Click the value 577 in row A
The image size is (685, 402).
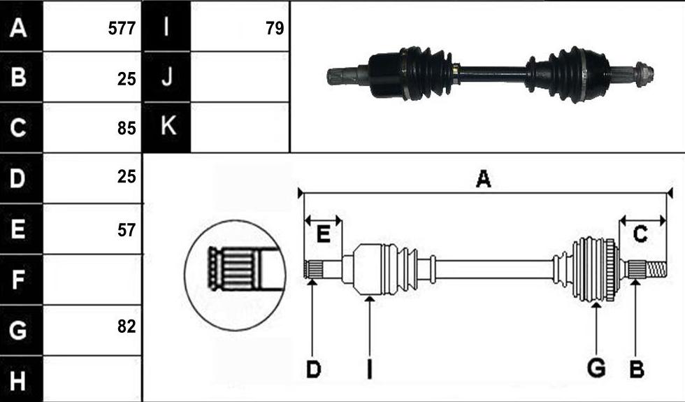coord(122,29)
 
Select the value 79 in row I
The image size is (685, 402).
coord(275,29)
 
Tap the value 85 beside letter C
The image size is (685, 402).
coord(127,129)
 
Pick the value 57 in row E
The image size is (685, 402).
coord(127,230)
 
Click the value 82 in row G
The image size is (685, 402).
coord(127,326)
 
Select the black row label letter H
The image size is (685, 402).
coord(17,381)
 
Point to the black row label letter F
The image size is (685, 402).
coord(17,280)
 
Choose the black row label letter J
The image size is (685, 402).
coord(166,77)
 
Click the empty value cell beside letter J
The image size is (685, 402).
coord(240,77)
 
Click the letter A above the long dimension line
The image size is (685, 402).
coord(483,179)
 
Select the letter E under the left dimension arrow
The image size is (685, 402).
coord(323,235)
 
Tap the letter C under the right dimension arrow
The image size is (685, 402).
coord(640,235)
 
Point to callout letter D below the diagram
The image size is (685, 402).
coord(313,369)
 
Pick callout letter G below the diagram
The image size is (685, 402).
coord(596,368)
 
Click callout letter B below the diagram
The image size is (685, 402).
coord(637,369)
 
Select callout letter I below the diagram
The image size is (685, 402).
coord(370,369)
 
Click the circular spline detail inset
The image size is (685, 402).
coord(236,275)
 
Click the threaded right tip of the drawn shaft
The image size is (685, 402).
coord(656,269)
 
